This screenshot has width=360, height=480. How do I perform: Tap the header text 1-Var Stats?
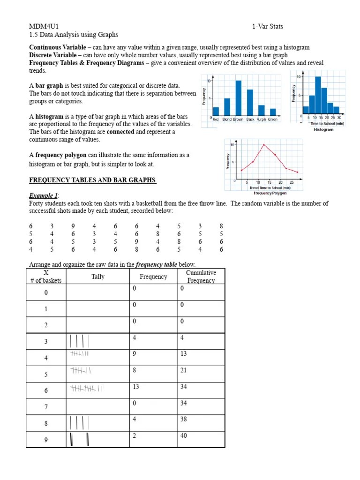coord(267,26)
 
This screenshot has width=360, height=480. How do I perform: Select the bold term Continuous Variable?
coord(58,47)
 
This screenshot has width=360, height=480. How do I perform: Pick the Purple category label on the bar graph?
coord(261,120)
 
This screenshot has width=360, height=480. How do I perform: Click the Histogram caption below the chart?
coord(323,130)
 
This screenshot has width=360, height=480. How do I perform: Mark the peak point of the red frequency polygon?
coord(264,145)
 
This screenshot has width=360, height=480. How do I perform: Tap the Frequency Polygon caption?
coord(270,193)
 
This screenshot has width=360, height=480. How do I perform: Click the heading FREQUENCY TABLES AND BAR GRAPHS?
coord(92,180)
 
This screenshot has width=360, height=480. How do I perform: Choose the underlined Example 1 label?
coord(44,195)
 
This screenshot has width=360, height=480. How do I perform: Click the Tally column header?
coord(98,277)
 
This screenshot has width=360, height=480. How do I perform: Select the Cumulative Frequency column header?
coord(201,277)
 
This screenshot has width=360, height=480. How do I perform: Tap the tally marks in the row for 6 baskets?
coord(87,388)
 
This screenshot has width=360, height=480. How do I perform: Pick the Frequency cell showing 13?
coord(136,386)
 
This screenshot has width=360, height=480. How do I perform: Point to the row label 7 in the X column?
coord(46,407)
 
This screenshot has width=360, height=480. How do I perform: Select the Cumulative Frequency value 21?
coord(183,370)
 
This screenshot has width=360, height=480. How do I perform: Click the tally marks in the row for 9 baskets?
coord(80,440)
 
